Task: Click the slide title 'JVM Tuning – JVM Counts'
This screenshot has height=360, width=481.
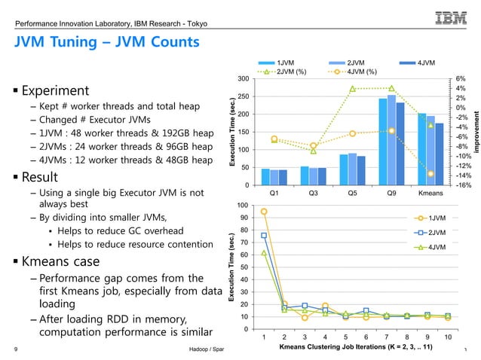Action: [x=104, y=42]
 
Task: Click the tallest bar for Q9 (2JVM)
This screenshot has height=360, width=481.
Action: [x=391, y=139]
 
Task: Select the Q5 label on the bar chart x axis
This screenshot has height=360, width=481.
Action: [x=352, y=192]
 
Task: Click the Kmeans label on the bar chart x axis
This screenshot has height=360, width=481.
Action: [x=430, y=192]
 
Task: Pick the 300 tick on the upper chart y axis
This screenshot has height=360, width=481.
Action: [x=244, y=79]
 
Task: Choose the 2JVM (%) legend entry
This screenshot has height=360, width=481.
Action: [x=283, y=72]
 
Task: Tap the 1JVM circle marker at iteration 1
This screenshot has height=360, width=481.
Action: [x=264, y=212]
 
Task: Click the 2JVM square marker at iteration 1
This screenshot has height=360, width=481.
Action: [x=264, y=236]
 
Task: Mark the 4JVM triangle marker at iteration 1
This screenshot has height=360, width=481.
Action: [x=264, y=253]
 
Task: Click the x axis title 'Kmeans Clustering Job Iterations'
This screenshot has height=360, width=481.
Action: [x=355, y=347]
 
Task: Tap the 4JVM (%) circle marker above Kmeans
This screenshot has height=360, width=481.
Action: [x=430, y=174]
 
